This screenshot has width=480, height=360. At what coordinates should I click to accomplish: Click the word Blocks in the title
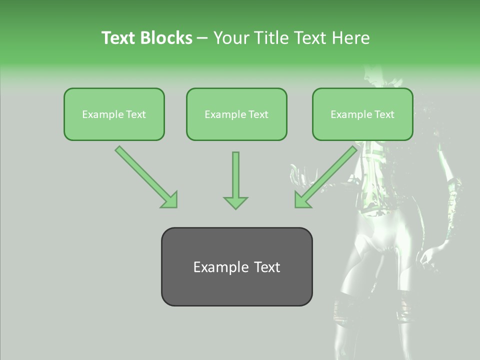[x=166, y=38]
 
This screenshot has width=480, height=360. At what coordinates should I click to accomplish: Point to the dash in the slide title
[x=202, y=38]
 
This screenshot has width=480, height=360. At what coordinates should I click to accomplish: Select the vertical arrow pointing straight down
[x=235, y=180]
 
